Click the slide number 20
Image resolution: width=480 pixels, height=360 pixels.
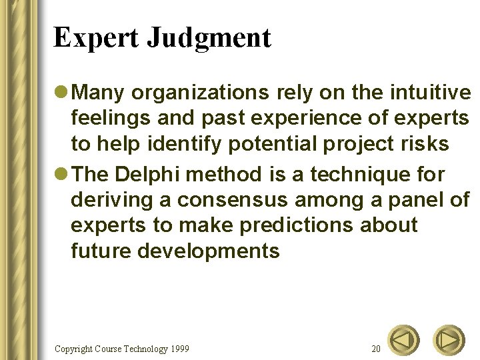pos(376,349)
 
